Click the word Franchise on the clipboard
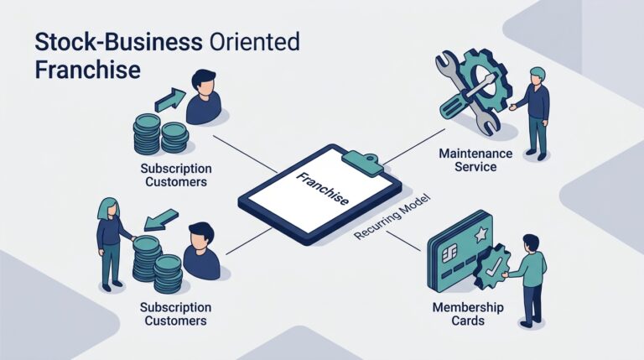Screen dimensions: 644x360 [x=323, y=189]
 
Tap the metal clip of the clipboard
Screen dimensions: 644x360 [x=362, y=162]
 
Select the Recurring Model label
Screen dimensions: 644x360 [x=392, y=217]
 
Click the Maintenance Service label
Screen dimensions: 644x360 [x=475, y=160]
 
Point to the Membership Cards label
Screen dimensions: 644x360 [x=468, y=314]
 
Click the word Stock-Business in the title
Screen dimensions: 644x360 [x=119, y=42]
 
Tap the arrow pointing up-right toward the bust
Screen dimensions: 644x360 [x=169, y=99]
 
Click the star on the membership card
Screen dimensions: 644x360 [x=480, y=235]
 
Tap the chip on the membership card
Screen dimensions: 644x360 [x=449, y=254]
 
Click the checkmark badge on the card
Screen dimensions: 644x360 [x=491, y=267]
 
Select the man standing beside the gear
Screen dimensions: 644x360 [x=533, y=113]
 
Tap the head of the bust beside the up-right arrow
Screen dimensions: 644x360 [x=204, y=81]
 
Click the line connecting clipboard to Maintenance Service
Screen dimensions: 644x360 [x=414, y=147]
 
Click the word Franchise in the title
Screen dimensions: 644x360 [x=88, y=70]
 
